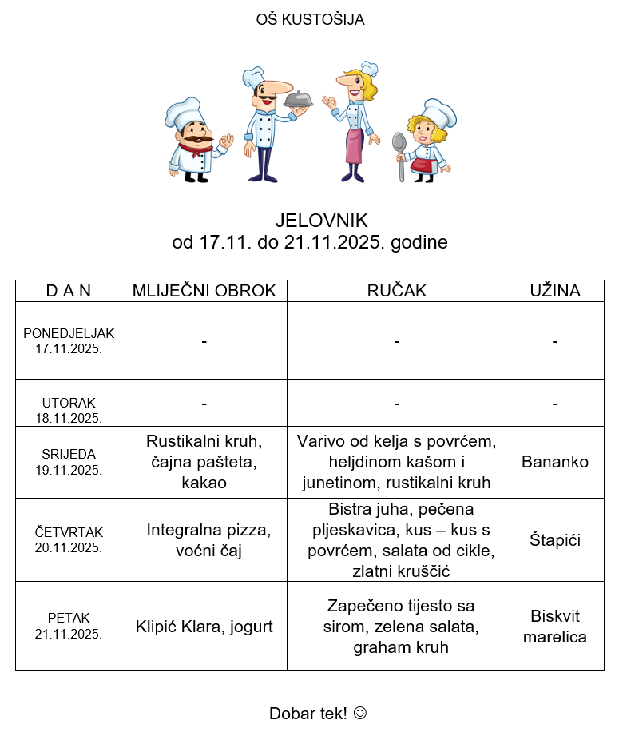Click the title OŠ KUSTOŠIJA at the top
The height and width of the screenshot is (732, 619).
(310, 20)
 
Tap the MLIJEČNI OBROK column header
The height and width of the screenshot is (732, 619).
(204, 291)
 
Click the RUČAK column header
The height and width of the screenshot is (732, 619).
(396, 291)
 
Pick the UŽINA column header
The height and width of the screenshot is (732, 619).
(554, 291)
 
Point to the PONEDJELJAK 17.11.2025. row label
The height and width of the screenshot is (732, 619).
(69, 340)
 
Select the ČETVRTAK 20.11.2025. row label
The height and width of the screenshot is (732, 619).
(69, 539)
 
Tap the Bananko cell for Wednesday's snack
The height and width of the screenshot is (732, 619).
(554, 462)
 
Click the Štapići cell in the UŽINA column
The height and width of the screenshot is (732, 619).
(554, 540)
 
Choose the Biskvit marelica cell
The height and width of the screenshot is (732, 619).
(554, 627)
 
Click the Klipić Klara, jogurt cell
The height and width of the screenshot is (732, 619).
(204, 627)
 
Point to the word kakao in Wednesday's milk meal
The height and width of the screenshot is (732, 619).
(204, 483)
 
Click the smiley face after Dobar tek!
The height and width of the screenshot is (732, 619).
(359, 713)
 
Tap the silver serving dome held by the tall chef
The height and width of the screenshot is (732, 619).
(298, 101)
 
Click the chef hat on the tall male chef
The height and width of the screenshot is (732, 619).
(254, 77)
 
